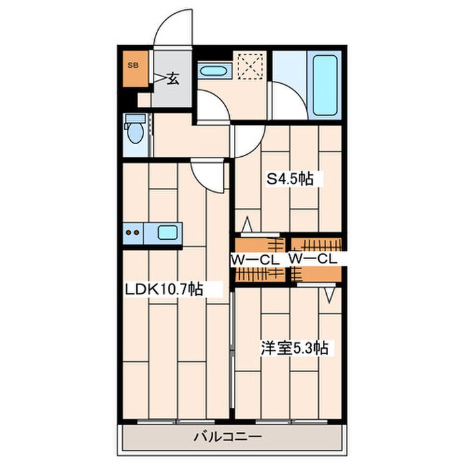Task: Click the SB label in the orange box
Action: pyautogui.click(x=133, y=65)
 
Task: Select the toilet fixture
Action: pyautogui.click(x=135, y=128)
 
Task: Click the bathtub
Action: pyautogui.click(x=325, y=86)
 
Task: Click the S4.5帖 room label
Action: pyautogui.click(x=290, y=179)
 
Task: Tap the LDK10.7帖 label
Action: pyautogui.click(x=164, y=289)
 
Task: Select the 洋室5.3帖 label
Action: pyautogui.click(x=294, y=348)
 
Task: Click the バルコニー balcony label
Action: pyautogui.click(x=228, y=437)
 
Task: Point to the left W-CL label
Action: pyautogui.click(x=255, y=260)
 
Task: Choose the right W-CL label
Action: pyautogui.click(x=313, y=259)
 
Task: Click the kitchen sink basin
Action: pyautogui.click(x=167, y=232)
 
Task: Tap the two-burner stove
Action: pyautogui.click(x=133, y=232)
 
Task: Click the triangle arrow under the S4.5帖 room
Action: pyautogui.click(x=247, y=225)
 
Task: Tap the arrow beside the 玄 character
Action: pyautogui.click(x=160, y=78)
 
